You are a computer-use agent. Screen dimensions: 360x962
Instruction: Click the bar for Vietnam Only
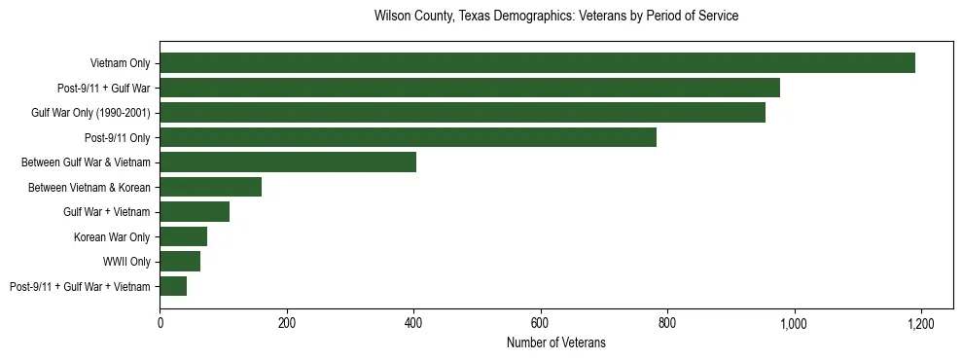coord(537,63)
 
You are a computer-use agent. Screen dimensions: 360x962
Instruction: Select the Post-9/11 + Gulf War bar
coord(470,88)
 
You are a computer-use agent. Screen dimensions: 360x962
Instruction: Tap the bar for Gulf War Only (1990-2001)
coord(462,113)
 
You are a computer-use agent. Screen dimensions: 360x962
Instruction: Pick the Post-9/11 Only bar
coord(408,137)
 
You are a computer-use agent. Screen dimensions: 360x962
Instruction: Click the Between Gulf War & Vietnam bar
coord(288,162)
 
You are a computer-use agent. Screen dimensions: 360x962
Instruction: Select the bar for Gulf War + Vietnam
coord(195,212)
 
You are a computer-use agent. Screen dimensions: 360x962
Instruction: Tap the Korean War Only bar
coord(183,236)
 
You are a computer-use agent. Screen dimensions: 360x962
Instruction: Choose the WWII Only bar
coord(180,262)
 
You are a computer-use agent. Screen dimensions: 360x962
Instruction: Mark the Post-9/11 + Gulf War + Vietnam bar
coord(173,286)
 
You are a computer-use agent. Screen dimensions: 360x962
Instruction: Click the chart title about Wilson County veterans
coord(556,17)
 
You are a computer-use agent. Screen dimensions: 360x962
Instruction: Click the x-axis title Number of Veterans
coord(556,342)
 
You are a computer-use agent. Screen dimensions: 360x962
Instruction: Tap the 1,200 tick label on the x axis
coord(921,323)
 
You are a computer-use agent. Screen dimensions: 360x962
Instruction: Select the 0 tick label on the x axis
coord(160,323)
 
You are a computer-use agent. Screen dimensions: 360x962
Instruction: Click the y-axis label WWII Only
coord(126,262)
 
